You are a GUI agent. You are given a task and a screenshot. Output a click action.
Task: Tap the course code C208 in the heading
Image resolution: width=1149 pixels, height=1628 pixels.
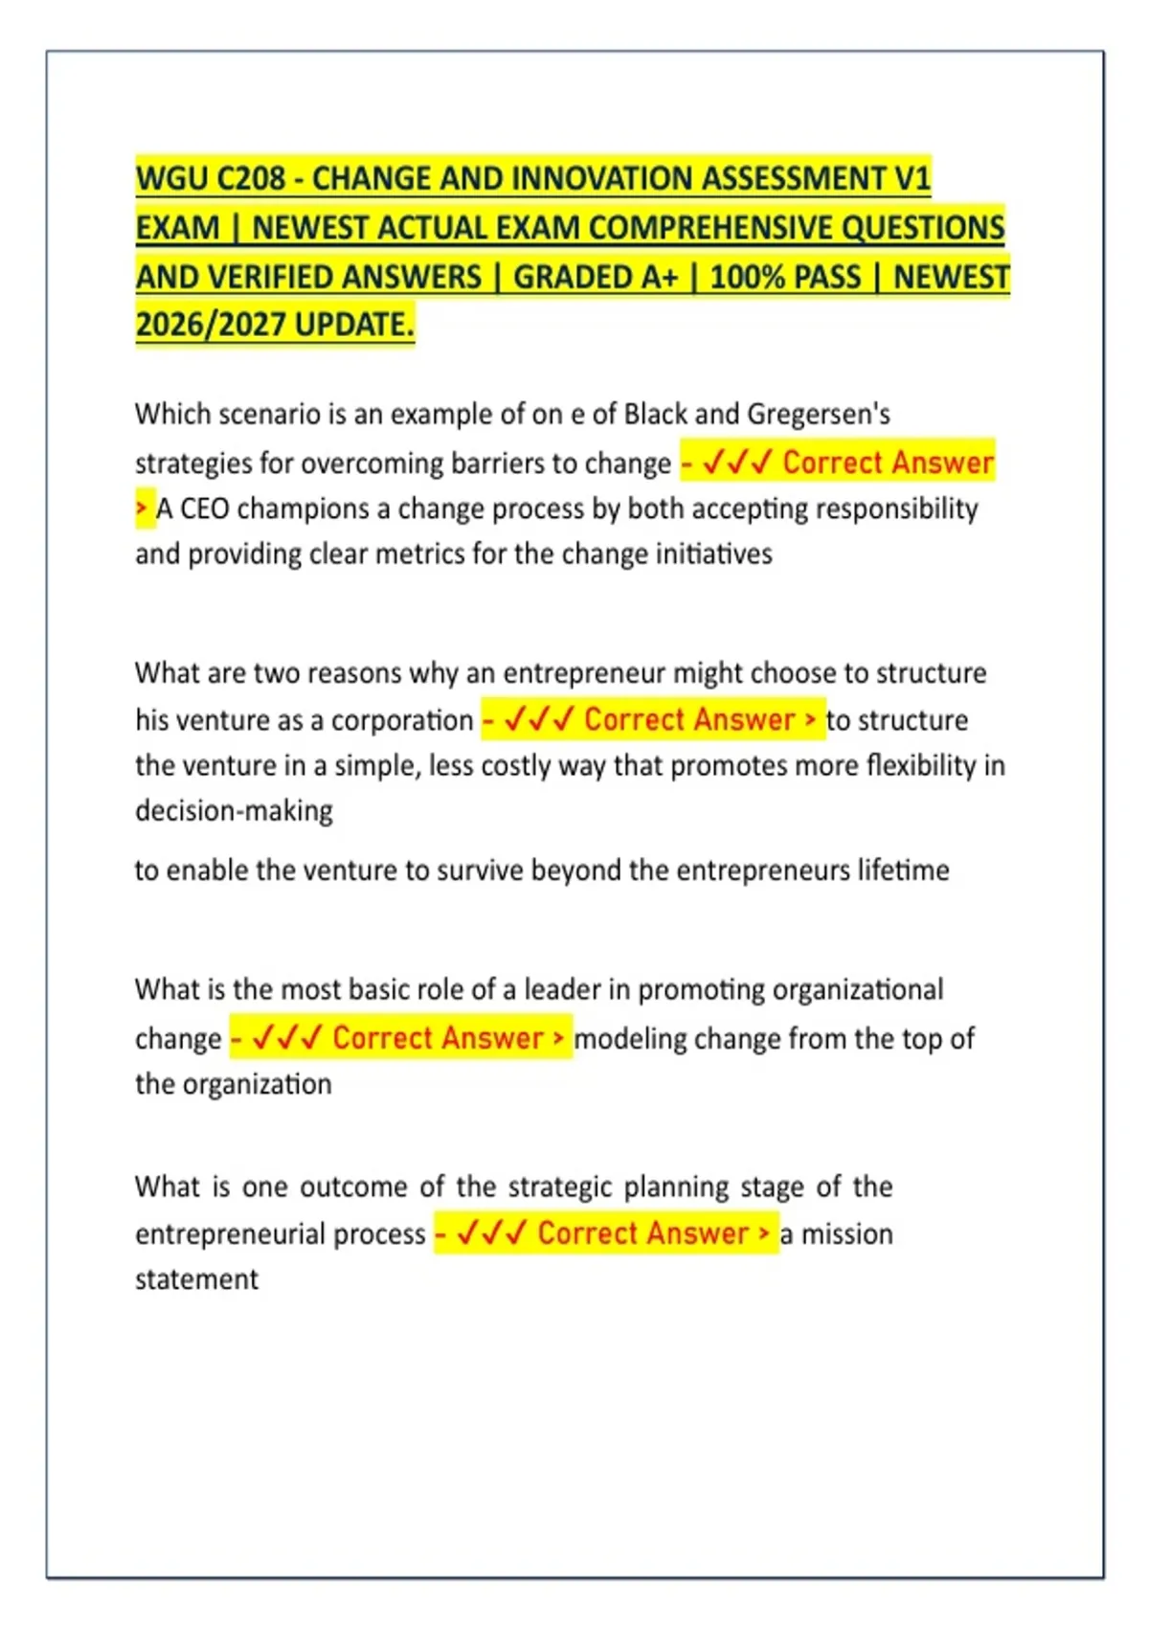251,179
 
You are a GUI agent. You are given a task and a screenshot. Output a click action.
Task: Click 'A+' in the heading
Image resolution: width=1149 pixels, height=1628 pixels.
659,277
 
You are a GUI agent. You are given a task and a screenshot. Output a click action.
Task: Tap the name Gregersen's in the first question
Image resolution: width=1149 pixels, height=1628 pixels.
819,415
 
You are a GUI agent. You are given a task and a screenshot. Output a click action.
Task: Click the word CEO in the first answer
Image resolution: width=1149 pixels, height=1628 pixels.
204,509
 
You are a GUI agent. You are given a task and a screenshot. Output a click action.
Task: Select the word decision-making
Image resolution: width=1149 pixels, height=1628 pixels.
234,811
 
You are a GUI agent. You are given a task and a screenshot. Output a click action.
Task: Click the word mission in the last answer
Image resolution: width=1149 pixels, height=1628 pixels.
846,1234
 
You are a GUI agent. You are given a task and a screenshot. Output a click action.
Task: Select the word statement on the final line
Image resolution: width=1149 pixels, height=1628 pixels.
196,1279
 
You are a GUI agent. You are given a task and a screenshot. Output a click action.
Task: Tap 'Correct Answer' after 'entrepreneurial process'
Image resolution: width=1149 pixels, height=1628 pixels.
642,1233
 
